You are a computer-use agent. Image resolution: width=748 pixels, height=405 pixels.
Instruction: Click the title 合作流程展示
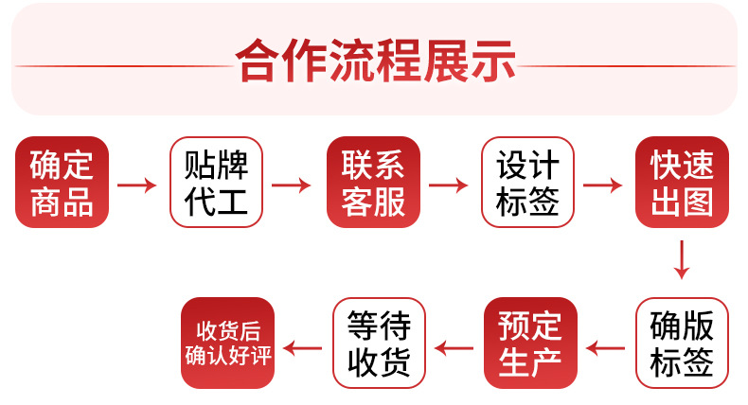click(x=376, y=62)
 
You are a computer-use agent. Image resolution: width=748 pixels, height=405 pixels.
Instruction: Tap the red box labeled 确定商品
click(x=62, y=183)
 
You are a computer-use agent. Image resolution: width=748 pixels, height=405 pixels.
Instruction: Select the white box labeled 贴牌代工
click(x=216, y=183)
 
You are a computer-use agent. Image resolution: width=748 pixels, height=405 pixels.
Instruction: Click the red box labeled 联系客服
click(x=373, y=183)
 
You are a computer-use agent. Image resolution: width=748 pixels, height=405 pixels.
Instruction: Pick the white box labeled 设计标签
click(x=527, y=183)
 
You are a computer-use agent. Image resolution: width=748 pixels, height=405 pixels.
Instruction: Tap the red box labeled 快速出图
click(x=682, y=183)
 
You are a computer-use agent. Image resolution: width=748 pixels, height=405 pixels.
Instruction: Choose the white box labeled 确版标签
click(x=682, y=343)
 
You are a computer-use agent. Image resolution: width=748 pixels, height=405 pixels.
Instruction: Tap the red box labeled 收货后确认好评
click(x=227, y=343)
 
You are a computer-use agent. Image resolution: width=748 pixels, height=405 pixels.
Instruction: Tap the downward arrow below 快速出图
click(x=681, y=259)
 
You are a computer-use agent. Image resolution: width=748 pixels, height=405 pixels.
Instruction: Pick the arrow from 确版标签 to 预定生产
click(x=606, y=349)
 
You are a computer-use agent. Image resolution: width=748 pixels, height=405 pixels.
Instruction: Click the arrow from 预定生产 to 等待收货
click(x=454, y=349)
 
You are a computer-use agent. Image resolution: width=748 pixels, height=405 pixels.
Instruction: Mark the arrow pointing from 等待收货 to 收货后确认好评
click(x=303, y=349)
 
